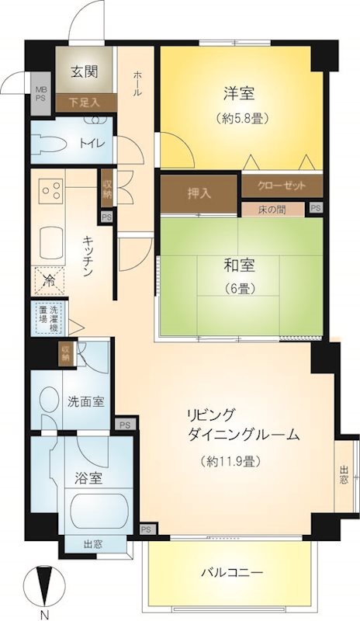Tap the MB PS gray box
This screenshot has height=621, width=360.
(x=41, y=94)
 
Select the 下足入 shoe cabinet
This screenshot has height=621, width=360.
(x=86, y=102)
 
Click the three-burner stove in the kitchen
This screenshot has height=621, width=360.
(x=51, y=191)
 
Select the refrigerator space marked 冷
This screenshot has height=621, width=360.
(x=49, y=281)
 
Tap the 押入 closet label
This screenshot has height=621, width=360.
(x=199, y=194)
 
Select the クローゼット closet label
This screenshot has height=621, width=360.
(x=282, y=186)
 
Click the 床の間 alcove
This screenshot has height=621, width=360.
(x=273, y=209)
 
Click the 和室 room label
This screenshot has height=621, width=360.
(x=239, y=265)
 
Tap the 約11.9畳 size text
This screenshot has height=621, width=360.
(x=227, y=460)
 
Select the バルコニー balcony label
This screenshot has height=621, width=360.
(x=232, y=572)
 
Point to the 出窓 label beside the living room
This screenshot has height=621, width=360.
(x=344, y=475)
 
